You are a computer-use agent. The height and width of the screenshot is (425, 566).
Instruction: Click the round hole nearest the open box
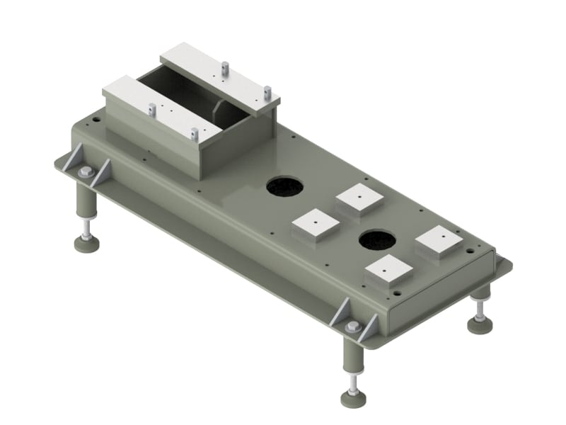284,186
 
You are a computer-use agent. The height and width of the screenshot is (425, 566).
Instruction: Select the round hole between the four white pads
376,240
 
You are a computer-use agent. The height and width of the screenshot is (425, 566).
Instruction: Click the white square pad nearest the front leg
388,271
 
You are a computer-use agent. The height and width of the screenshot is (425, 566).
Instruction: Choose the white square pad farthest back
359,198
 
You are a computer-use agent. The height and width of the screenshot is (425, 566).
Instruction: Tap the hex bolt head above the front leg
352,327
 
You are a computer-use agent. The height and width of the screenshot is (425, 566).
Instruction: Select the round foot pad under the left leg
86,243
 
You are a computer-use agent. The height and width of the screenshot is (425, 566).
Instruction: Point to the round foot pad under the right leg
480,324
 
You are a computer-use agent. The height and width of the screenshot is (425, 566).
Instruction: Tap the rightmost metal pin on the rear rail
267,92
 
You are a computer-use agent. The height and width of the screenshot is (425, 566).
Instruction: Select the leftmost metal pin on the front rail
152,110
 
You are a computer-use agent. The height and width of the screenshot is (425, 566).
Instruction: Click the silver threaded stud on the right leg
480,306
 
